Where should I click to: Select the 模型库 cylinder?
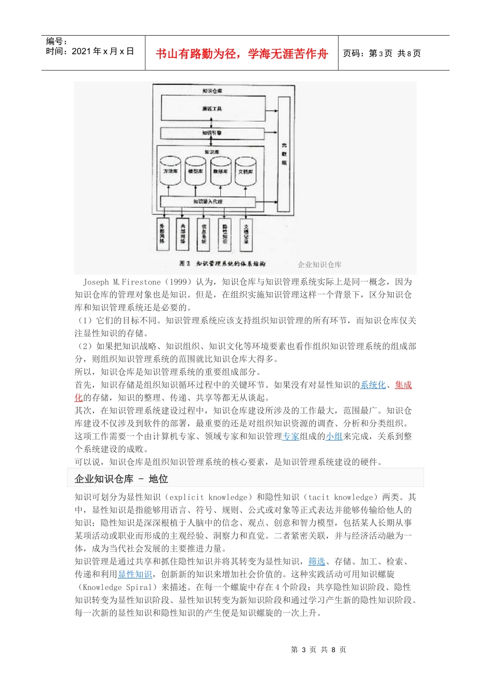[195, 171]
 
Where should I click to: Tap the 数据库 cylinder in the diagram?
[220, 171]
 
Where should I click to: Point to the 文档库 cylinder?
[245, 171]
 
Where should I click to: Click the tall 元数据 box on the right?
[284, 154]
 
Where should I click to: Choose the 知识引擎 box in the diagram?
[212, 133]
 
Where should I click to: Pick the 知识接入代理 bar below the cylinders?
[208, 201]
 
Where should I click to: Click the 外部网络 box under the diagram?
[163, 233]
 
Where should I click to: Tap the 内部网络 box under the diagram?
[183, 233]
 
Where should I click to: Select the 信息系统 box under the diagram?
[204, 233]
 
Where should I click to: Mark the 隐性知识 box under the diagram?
[225, 233]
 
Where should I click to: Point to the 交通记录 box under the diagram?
[246, 233]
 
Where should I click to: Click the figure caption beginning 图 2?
[222, 264]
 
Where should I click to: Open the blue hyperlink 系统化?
[373, 385]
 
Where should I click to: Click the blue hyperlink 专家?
[290, 436]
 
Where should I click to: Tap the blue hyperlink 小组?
[334, 436]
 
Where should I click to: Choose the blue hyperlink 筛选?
[316, 561]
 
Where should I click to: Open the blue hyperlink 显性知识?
[135, 574]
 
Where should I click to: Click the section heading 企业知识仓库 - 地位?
[121, 479]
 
